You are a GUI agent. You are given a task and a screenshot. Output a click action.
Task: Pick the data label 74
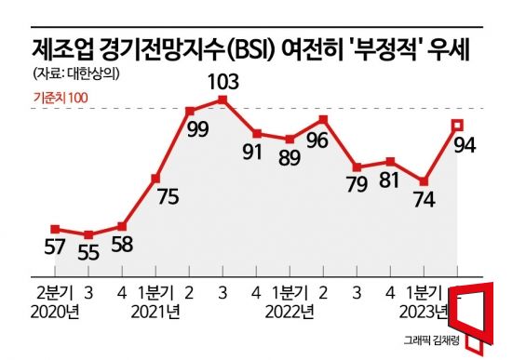pos(424,200)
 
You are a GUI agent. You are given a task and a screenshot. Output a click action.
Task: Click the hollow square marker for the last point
pos(457,125)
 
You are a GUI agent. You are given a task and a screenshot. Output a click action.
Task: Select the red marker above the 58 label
pos(123,226)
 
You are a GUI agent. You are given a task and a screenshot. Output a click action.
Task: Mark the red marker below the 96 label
pos(323,119)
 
